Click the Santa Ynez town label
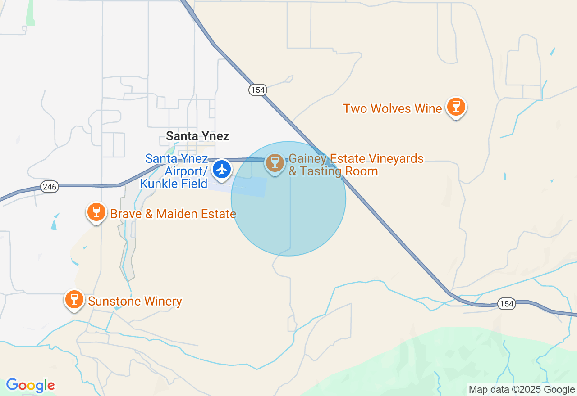(x=197, y=136)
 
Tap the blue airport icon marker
(x=222, y=170)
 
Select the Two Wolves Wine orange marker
(x=456, y=107)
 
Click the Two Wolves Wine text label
(x=392, y=108)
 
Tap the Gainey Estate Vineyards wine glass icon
(x=275, y=163)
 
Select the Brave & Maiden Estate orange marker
(x=96, y=212)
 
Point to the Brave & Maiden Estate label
(x=173, y=214)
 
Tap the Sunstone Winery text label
(x=135, y=301)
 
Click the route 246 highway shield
(x=50, y=186)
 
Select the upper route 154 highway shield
(x=257, y=90)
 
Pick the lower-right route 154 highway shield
(x=507, y=304)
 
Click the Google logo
(x=30, y=385)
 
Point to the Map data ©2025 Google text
(x=522, y=390)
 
